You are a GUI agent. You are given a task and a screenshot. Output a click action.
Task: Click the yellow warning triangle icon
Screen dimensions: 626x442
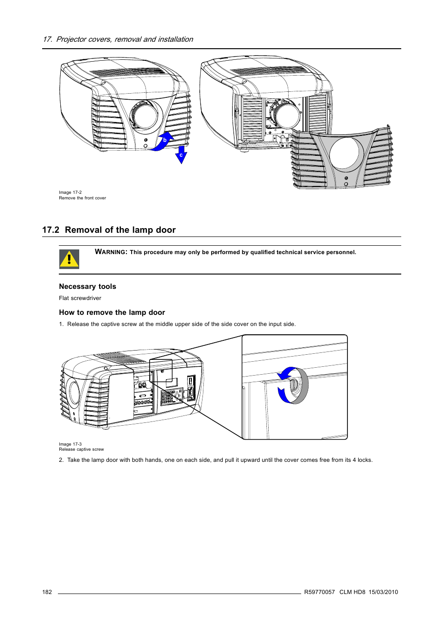point(69,259)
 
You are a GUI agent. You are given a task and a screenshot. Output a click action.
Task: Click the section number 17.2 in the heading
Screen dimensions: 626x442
point(51,230)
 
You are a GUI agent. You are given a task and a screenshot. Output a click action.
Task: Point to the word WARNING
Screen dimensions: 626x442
point(111,252)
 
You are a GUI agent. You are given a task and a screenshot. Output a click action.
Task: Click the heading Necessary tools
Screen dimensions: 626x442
point(87,287)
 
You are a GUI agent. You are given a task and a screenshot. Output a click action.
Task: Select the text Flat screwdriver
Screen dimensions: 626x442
point(80,298)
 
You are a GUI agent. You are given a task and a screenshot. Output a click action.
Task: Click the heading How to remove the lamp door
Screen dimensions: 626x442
point(112,313)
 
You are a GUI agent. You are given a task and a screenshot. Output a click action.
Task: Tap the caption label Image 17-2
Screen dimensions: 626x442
point(70,192)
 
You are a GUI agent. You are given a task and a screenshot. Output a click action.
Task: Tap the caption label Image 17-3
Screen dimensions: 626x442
point(70,444)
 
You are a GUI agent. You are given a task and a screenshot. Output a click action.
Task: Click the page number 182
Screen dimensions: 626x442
point(47,592)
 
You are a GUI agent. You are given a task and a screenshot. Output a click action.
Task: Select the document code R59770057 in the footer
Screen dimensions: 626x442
point(319,592)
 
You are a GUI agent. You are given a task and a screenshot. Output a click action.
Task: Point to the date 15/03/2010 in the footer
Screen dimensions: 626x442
point(383,592)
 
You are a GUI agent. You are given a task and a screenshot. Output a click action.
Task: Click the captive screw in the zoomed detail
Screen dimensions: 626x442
point(293,385)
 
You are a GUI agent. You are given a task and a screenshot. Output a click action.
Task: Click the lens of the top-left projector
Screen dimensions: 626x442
point(145,116)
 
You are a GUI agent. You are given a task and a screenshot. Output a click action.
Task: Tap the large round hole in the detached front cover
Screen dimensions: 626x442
point(345,153)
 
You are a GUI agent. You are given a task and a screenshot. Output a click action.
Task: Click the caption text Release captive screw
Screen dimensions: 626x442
point(81,449)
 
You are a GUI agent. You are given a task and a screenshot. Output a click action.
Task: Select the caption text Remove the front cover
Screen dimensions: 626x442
point(82,198)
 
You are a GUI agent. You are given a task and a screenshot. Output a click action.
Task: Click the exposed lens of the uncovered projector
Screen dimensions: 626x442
point(285,116)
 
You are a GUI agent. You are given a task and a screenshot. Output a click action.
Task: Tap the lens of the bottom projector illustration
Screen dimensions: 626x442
point(74,392)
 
